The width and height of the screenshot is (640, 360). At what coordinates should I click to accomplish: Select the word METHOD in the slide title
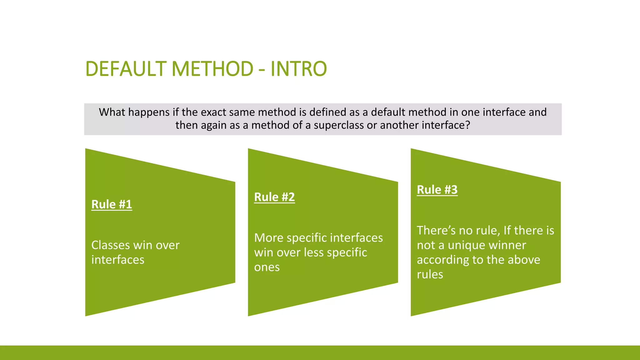(x=212, y=69)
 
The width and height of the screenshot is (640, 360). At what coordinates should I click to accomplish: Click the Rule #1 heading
(x=112, y=204)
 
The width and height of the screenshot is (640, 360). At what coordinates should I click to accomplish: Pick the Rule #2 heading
(x=274, y=197)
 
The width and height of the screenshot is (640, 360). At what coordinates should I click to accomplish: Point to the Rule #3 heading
(x=437, y=190)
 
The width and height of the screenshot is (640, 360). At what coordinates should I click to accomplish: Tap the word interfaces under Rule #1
(x=118, y=260)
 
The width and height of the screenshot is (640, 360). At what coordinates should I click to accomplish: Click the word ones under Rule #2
(x=267, y=267)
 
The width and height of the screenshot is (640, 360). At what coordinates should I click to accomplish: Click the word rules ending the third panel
(x=430, y=275)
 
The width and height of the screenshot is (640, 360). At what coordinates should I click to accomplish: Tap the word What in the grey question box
(x=112, y=112)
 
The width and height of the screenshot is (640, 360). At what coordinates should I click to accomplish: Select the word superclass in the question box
(x=339, y=125)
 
